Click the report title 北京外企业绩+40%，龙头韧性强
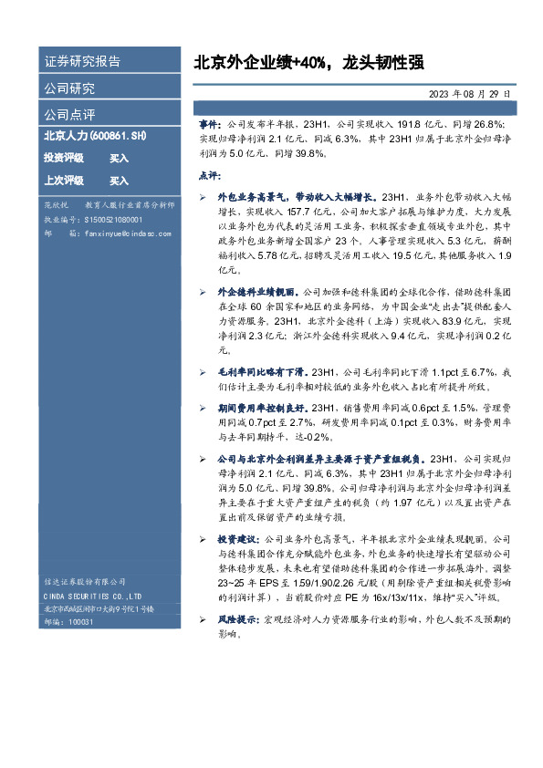(308, 62)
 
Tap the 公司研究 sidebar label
(70, 88)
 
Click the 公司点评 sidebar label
(70, 115)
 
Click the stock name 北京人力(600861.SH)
(95, 136)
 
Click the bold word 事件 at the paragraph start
(209, 122)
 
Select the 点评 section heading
(209, 174)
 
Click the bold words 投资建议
(237, 539)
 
